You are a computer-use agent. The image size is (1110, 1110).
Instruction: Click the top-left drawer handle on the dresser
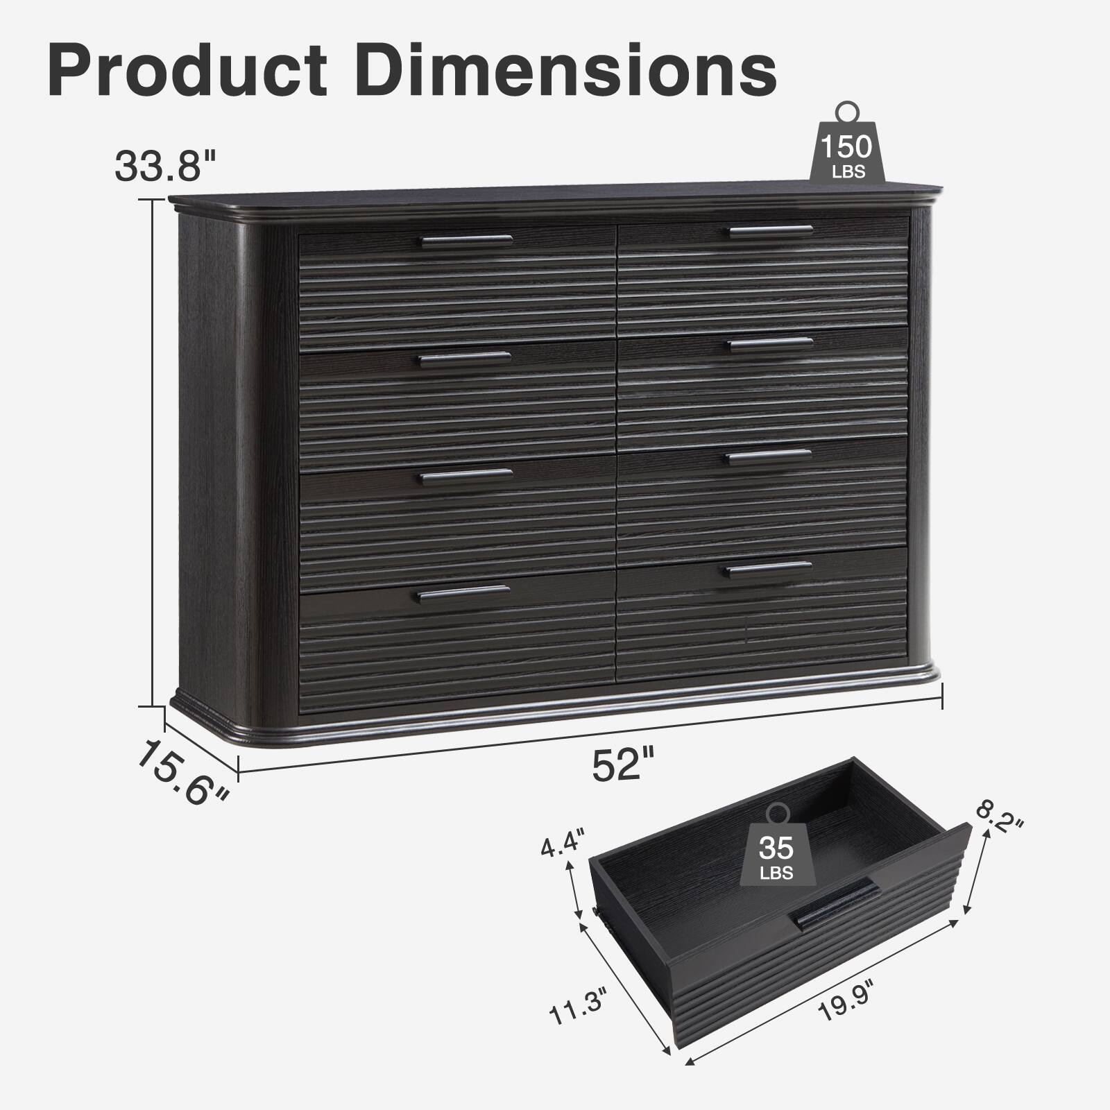coord(467,241)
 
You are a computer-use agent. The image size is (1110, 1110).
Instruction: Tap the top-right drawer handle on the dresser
coord(770,231)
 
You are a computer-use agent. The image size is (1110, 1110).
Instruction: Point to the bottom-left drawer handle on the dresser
coord(464,593)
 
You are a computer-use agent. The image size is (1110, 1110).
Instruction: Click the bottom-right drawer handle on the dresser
coord(769,569)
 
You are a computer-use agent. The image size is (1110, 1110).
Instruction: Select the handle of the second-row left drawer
coord(465,359)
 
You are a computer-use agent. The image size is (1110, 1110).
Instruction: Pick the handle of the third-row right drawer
coord(769,456)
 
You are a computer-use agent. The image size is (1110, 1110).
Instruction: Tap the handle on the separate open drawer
coord(837,903)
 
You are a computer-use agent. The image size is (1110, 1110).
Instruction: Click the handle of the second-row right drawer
coord(770,344)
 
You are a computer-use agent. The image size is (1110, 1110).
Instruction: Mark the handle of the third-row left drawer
coord(466,476)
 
